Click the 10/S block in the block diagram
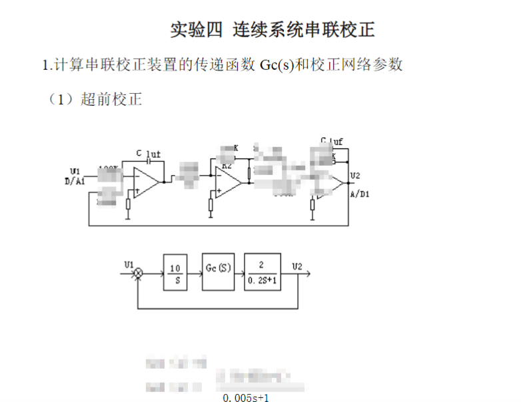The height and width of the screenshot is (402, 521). pos(175,272)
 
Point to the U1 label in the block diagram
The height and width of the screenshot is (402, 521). pos(129,264)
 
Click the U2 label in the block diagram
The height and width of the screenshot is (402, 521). pos(297,266)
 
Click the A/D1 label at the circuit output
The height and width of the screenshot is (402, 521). pos(360,194)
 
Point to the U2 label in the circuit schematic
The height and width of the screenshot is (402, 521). pos(354,176)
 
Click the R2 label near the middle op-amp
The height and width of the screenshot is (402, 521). pos(227,164)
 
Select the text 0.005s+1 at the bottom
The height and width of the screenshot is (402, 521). pos(247,398)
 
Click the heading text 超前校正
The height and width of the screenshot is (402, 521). pos(111,100)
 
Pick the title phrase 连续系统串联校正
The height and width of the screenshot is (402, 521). pos(303,30)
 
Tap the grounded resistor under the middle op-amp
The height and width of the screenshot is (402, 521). pos(211,205)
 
